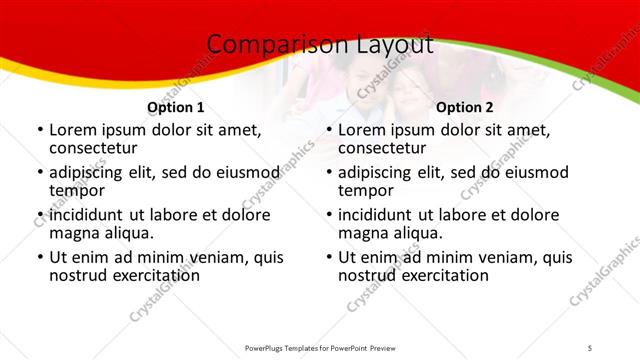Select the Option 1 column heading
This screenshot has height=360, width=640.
coord(176,107)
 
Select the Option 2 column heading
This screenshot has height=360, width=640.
coord(465,107)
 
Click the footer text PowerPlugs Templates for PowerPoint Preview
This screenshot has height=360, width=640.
coord(320,347)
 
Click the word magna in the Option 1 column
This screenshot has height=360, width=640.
coord(74,233)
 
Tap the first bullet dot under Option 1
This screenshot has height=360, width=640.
coord(39,130)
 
